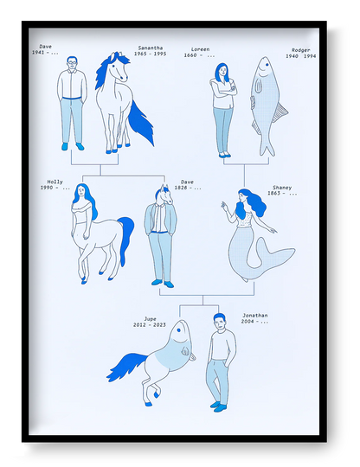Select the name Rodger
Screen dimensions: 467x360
(x=301, y=50)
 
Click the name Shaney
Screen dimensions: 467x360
(x=281, y=187)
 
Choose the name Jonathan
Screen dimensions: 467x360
(x=255, y=316)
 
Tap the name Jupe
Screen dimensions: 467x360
(x=150, y=318)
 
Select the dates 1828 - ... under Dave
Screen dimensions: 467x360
(x=190, y=188)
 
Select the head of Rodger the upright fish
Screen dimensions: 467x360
(x=262, y=70)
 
